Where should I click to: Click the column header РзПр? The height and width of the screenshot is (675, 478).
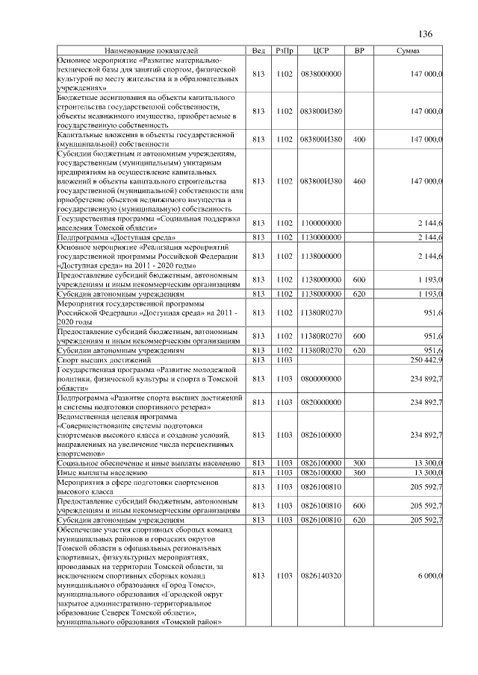click(284, 50)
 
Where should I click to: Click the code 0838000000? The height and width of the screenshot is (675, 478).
click(320, 74)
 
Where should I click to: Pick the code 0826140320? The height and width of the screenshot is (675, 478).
click(320, 576)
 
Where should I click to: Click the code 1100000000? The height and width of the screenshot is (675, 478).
click(320, 223)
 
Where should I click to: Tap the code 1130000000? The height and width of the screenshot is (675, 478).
click(320, 237)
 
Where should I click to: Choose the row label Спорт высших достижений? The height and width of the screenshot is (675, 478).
click(105, 360)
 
